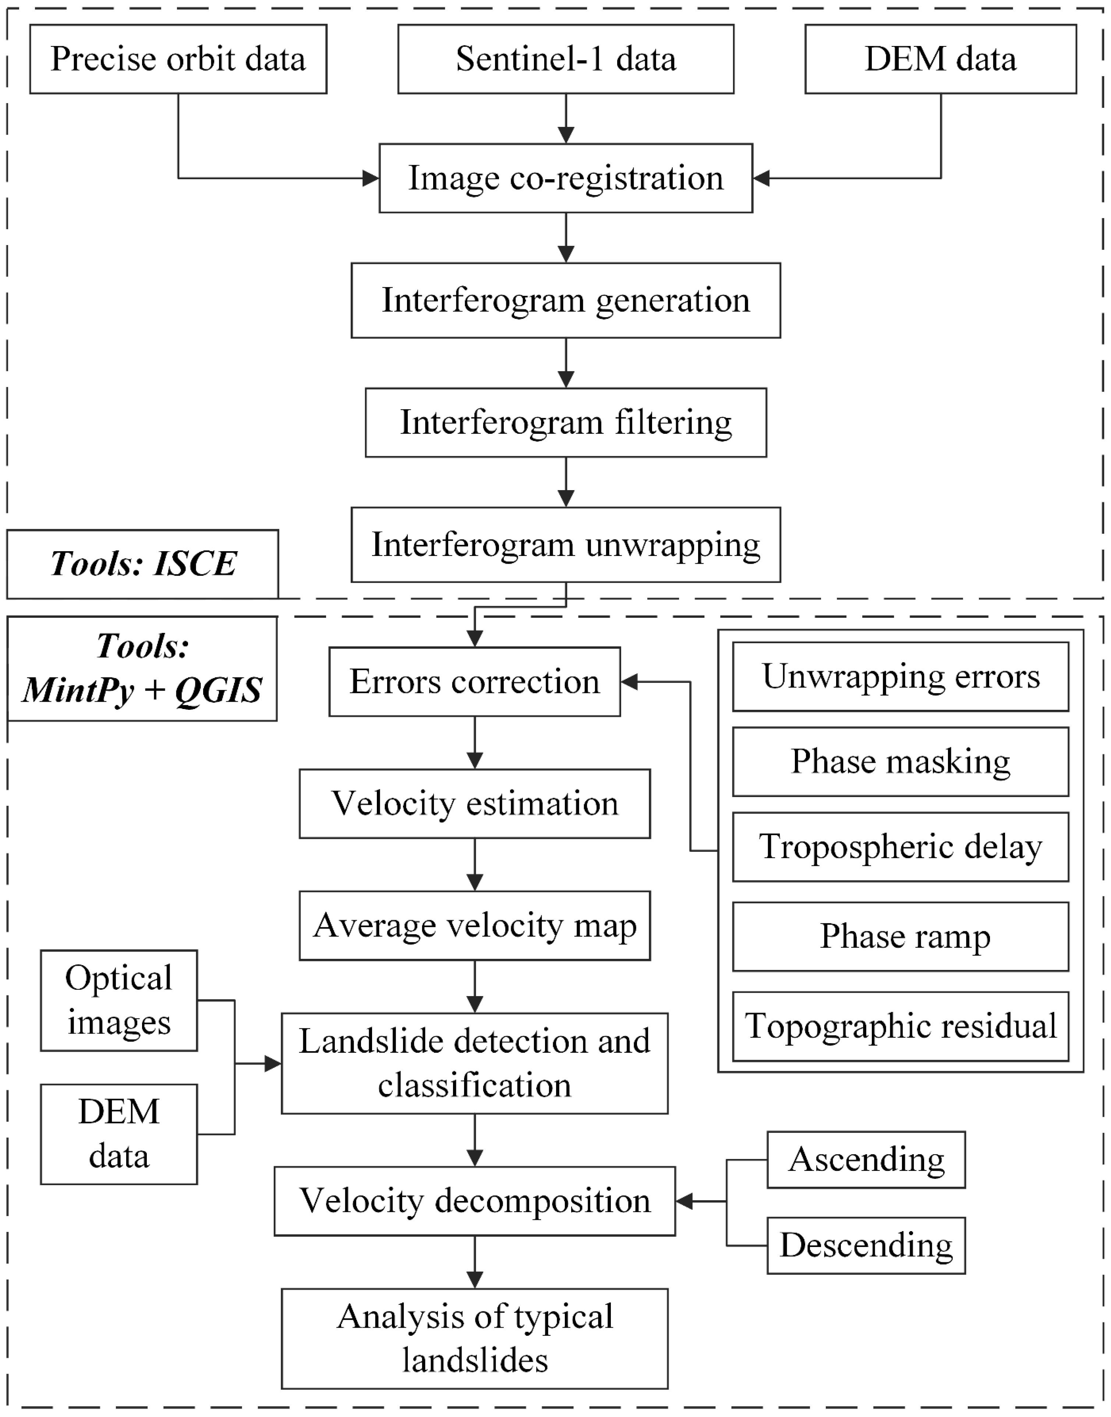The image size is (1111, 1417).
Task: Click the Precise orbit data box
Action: point(178,59)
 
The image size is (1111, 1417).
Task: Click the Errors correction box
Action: point(474,681)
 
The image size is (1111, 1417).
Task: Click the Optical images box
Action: point(118,1000)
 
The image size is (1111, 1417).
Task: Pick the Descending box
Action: point(866,1245)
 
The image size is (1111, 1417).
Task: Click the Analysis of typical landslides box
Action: point(474,1338)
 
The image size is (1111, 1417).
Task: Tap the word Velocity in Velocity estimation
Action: point(393,804)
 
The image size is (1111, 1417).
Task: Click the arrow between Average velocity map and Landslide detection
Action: point(475,986)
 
